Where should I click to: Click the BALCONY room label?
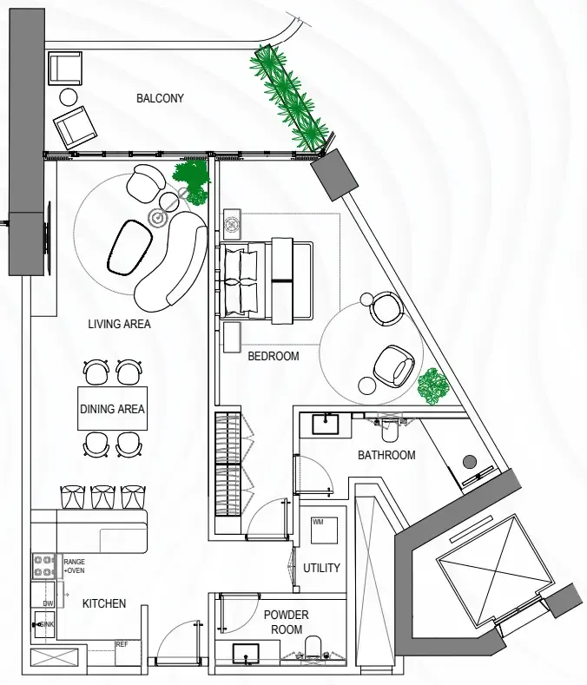coord(160,98)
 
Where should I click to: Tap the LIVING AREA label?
coord(119,324)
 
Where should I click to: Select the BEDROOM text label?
coord(274,356)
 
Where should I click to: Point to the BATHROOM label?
coord(386,455)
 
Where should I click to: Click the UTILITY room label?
coord(321,568)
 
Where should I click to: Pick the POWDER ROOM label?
coord(287,622)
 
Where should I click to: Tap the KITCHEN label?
coord(104,603)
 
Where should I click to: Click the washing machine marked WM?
coord(324,530)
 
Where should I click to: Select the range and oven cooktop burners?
coord(43,566)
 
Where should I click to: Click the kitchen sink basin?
coord(44,624)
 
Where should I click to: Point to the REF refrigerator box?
coord(128,653)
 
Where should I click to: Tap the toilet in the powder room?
coord(313,649)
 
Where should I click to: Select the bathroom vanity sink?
coord(325,425)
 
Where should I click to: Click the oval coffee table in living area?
coord(130,247)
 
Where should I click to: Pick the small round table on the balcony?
coord(69,97)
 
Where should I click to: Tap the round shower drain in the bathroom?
coord(470,462)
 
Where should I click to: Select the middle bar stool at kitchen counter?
coord(102,497)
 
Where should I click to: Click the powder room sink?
coord(246,654)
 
